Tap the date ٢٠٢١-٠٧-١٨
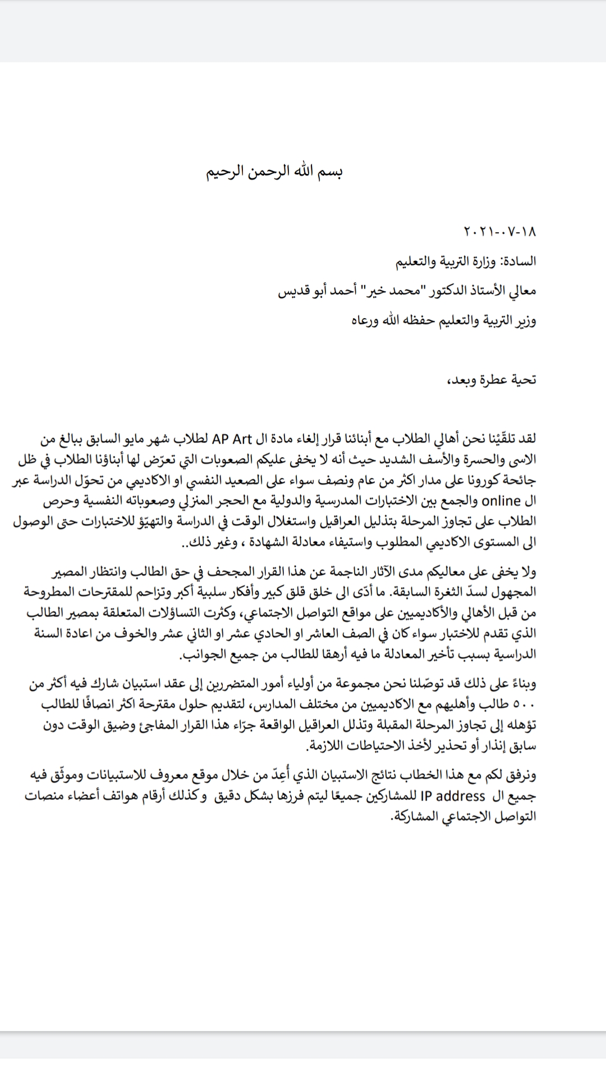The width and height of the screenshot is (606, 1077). [x=501, y=231]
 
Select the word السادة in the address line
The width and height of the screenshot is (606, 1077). [x=519, y=261]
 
